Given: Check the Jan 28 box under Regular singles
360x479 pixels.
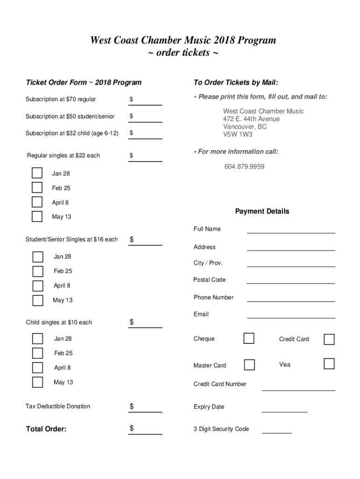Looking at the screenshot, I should (37, 173).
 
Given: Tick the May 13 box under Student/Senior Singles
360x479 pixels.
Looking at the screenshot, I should (38, 300).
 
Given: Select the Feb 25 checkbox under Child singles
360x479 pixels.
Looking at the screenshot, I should (37, 353).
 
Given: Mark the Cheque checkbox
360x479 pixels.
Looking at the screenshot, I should (249, 338).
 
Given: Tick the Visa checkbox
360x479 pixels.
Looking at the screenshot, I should (329, 364).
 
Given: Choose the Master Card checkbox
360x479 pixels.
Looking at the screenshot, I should (250, 365).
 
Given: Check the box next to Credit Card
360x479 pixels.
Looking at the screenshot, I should (329, 339).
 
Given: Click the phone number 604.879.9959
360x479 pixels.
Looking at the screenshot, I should (244, 167).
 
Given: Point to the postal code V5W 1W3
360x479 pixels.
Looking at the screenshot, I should (238, 135).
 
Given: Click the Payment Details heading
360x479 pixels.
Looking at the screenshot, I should (262, 211).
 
